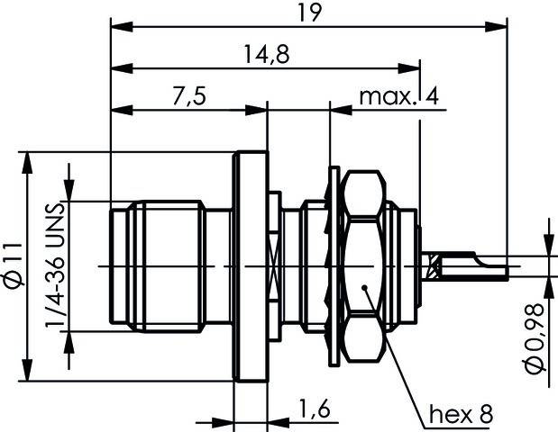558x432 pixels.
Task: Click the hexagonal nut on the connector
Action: coord(365,266)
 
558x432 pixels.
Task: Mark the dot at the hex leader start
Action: coord(364,288)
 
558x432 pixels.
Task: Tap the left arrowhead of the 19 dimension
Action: coord(116,28)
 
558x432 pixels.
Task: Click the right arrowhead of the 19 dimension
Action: coord(499,28)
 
